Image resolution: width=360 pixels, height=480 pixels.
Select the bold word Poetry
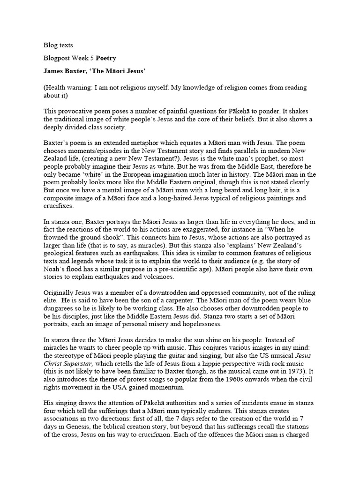coord(106,58)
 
